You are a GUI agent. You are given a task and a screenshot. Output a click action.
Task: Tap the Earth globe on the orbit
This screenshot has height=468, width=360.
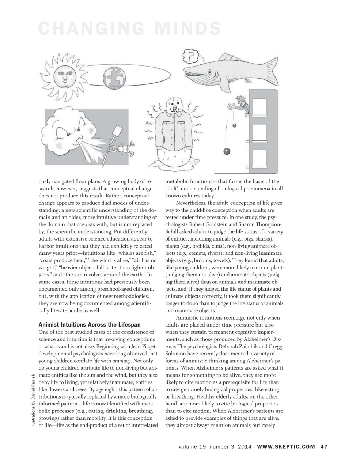(x=114, y=78)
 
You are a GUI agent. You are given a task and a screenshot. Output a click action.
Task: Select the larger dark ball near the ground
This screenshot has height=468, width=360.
(x=227, y=151)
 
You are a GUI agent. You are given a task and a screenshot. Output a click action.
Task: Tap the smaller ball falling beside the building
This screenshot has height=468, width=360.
(x=234, y=125)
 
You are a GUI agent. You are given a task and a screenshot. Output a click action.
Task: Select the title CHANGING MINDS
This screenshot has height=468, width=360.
(x=129, y=29)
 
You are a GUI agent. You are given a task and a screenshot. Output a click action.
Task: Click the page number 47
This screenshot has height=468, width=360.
(x=324, y=446)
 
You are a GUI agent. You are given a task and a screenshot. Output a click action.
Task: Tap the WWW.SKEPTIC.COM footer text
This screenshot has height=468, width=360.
(x=286, y=446)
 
